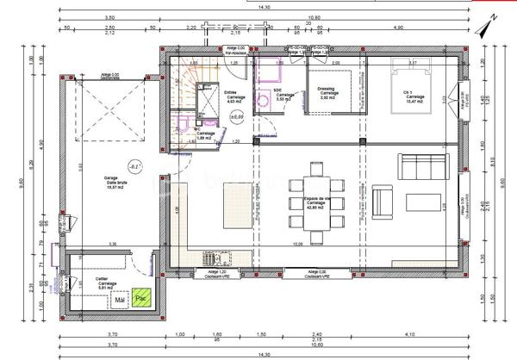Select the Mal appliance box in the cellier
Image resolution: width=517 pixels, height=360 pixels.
[121, 300]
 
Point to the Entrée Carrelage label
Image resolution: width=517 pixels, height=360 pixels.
[235, 97]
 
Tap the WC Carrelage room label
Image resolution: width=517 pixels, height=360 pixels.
[205, 134]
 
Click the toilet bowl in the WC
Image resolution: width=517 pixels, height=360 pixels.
[183, 126]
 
